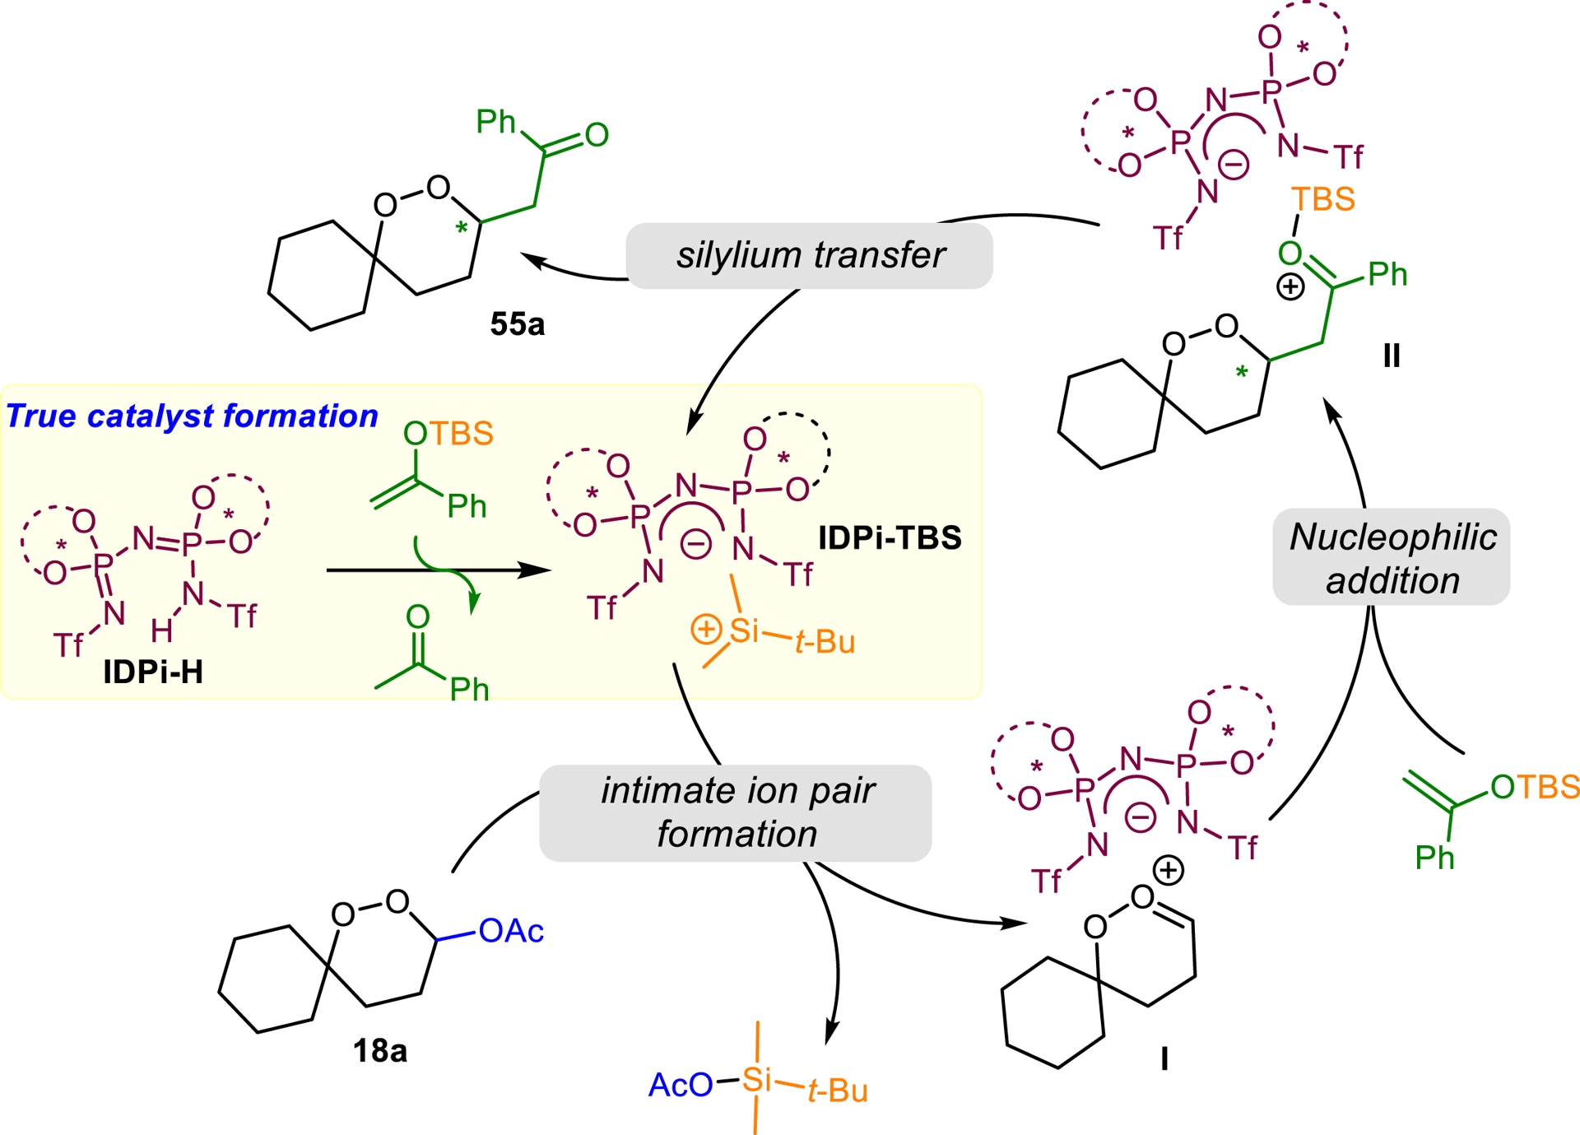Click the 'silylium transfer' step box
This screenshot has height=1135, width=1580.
click(809, 255)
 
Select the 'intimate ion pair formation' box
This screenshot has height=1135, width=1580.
click(736, 812)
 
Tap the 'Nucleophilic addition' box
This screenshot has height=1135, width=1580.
click(1392, 557)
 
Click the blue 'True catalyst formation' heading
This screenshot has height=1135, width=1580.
click(192, 416)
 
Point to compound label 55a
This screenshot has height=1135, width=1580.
click(518, 324)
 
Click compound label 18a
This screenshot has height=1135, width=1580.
click(380, 1051)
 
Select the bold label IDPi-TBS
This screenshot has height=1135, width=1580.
click(890, 538)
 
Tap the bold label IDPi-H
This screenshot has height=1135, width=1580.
click(153, 672)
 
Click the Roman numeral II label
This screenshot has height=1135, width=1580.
click(1392, 356)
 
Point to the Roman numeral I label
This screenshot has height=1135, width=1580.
click(1164, 1059)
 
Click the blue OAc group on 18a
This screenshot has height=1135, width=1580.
click(511, 931)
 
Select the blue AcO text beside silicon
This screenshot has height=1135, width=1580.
click(681, 1085)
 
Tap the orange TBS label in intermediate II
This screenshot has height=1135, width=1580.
click(1323, 199)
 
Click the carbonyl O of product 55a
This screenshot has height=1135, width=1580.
click(597, 135)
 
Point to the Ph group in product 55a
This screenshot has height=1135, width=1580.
click(495, 122)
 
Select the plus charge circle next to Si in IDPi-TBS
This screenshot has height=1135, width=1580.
click(706, 630)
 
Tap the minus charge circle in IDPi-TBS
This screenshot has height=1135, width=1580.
click(695, 544)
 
